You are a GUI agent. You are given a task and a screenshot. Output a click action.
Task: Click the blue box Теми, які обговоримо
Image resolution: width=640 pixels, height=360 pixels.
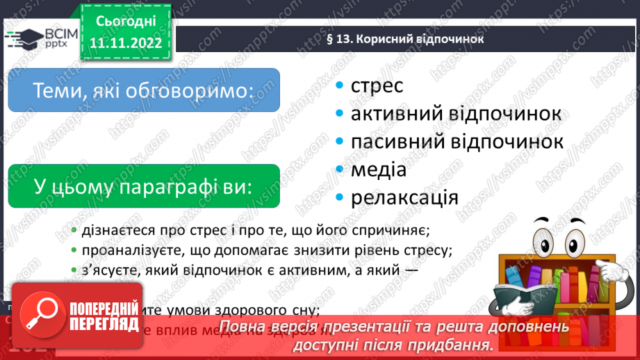tap(143, 90)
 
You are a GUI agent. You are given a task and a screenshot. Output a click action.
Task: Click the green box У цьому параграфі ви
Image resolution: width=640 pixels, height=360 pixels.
tap(143, 186)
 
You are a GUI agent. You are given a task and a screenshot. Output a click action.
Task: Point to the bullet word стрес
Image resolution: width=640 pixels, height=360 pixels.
tap(377, 86)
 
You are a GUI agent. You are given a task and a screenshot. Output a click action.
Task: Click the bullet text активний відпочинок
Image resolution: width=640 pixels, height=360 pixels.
tap(456, 113)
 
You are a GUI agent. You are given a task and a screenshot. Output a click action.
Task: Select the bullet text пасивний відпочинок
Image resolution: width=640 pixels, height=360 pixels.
tap(457, 141)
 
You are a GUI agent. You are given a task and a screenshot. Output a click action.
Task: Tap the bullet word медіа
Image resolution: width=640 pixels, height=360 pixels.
tap(379, 169)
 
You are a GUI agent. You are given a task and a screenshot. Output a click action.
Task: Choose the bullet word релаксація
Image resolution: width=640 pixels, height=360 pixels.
tap(404, 197)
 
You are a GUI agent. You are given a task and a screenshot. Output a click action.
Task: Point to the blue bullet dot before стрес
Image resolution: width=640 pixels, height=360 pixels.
tap(339, 87)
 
